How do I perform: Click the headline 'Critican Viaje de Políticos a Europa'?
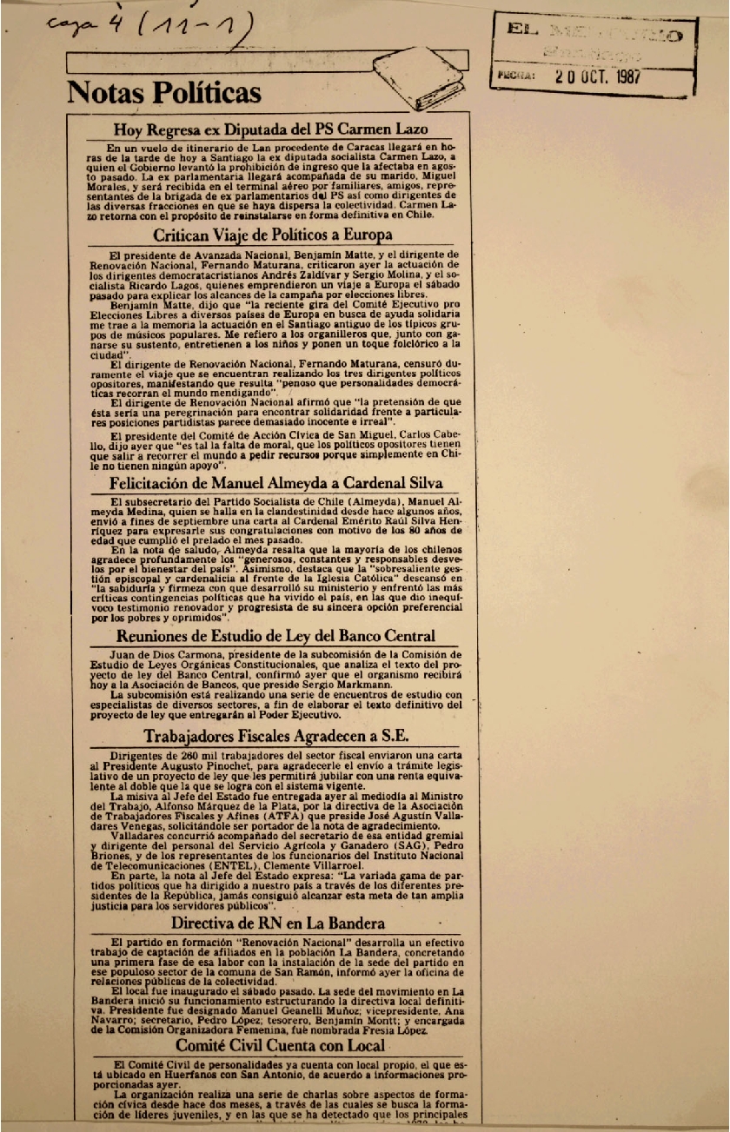point(272,235)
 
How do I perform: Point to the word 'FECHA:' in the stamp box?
point(514,76)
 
